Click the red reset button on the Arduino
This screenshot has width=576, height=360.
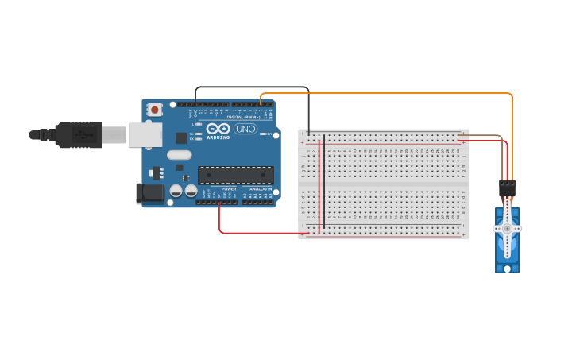[154, 110]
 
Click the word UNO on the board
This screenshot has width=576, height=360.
[245, 129]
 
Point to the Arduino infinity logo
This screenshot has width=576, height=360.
[218, 128]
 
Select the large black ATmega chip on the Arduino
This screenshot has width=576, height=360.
[236, 175]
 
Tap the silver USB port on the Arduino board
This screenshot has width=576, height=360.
[145, 134]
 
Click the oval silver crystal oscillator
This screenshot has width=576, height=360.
[180, 155]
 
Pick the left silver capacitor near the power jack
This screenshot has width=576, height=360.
[176, 191]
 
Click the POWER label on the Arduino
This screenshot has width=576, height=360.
[229, 188]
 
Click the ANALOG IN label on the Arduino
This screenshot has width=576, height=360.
[261, 188]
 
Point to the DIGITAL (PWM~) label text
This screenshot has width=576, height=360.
[243, 117]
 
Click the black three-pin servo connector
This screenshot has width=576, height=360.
[507, 188]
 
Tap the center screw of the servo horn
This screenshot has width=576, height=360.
[507, 229]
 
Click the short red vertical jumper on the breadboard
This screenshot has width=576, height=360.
[319, 183]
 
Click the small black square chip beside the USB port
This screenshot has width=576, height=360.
[181, 137]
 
